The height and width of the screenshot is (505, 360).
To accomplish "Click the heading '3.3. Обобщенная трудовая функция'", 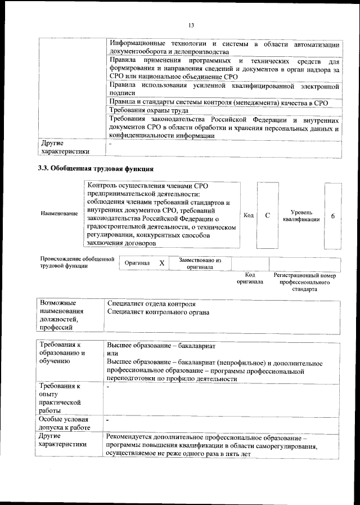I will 96,168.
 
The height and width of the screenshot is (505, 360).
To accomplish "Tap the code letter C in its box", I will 268,215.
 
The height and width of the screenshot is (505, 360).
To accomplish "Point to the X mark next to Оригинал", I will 161,263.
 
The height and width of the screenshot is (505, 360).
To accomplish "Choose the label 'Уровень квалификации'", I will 301,216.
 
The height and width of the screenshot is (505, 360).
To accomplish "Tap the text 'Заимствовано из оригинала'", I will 200,263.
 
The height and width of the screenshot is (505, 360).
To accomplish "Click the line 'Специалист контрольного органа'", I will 158,312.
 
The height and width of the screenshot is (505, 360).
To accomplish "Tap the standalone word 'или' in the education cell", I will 112,354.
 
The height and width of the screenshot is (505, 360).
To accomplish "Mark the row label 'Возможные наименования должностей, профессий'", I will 61,315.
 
